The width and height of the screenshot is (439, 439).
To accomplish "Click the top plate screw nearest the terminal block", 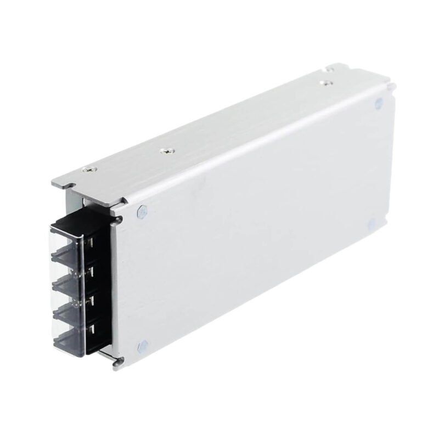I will pyautogui.click(x=86, y=170).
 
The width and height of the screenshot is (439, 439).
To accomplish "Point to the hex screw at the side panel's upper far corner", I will pyautogui.click(x=378, y=103).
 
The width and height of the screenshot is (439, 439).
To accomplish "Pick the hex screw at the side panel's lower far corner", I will pyautogui.click(x=371, y=224).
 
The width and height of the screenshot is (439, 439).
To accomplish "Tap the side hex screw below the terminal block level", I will pyautogui.click(x=143, y=346).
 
